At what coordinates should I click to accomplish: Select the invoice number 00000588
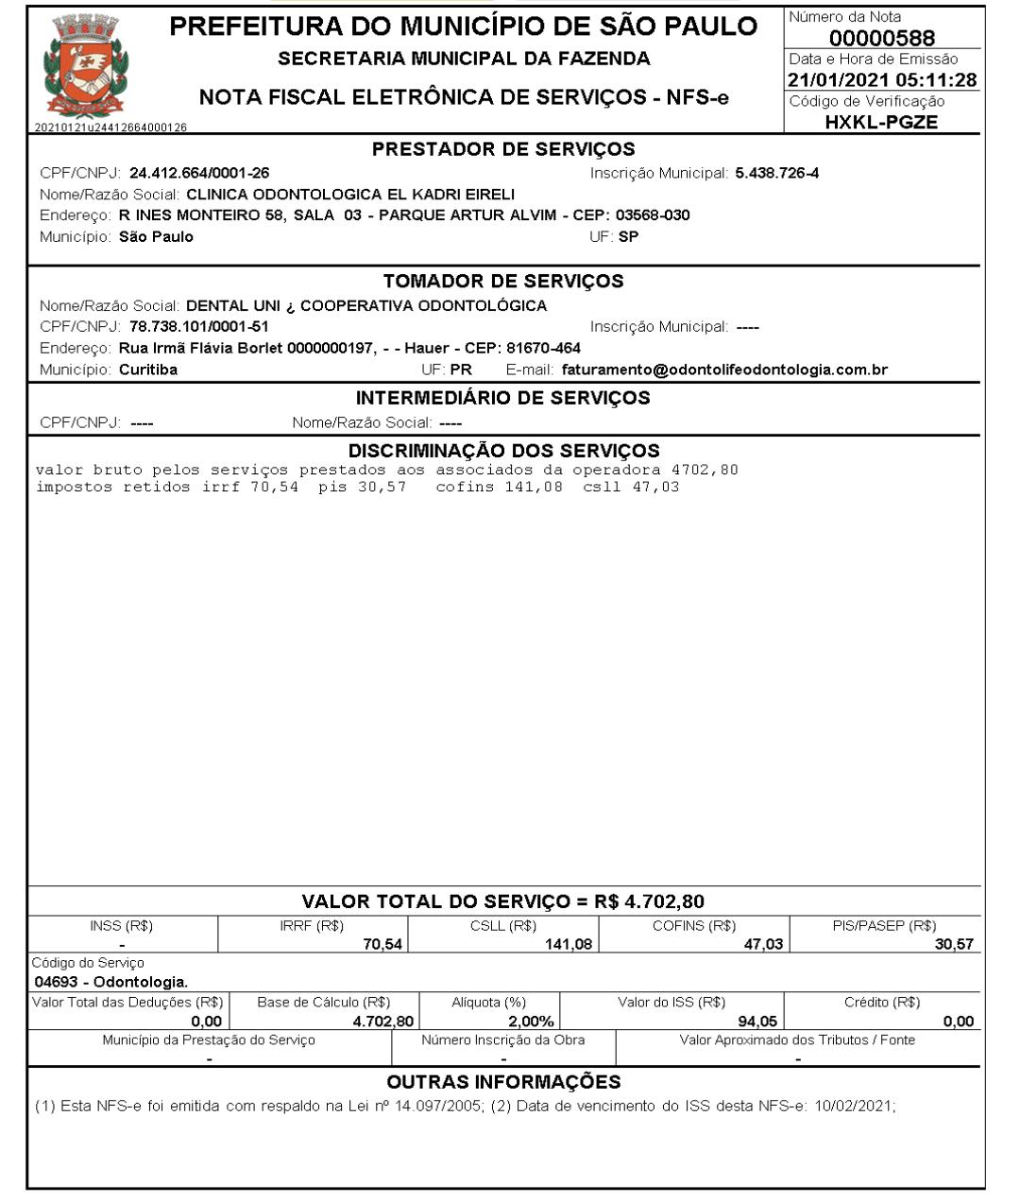(882, 38)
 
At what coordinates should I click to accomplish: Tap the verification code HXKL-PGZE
(881, 122)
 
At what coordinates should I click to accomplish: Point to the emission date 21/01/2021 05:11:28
(882, 80)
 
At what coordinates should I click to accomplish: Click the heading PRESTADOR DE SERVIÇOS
(503, 149)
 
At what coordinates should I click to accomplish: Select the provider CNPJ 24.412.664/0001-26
(199, 173)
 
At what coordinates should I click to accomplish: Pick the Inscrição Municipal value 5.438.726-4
(777, 173)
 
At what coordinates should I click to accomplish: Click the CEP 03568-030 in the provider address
(653, 215)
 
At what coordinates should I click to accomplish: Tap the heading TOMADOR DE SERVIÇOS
(503, 282)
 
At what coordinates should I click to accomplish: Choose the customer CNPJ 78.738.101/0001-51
(199, 327)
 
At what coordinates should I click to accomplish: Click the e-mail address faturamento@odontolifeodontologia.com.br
(724, 369)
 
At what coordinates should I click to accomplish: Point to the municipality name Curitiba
(148, 369)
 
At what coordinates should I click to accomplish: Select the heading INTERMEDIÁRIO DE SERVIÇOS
(503, 398)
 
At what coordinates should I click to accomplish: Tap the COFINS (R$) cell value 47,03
(763, 944)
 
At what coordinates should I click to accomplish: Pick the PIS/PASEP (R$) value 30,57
(954, 944)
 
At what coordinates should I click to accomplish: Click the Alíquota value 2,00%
(531, 1022)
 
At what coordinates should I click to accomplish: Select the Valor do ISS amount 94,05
(757, 1022)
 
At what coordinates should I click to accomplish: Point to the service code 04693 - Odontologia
(110, 982)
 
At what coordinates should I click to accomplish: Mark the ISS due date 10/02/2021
(855, 1106)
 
